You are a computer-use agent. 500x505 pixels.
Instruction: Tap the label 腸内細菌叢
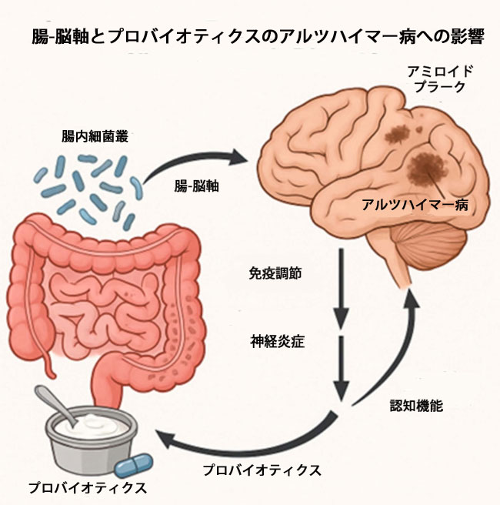point(95,136)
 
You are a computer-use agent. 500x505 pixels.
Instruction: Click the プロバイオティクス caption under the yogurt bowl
point(86,488)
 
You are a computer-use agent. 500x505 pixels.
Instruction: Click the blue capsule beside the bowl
point(135,464)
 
